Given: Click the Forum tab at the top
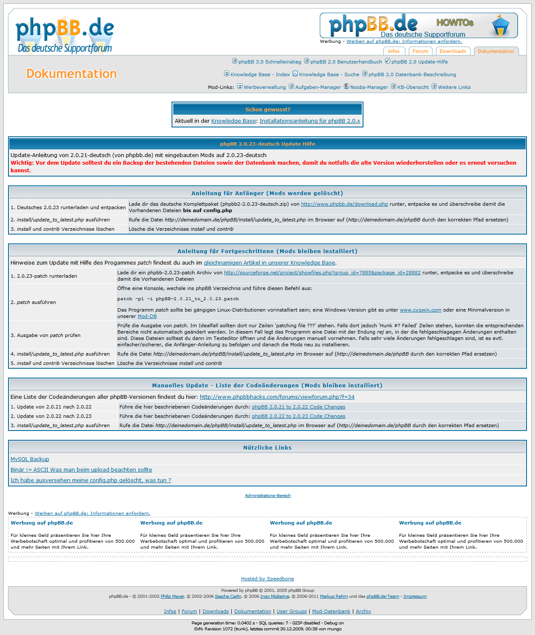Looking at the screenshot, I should click(420, 51).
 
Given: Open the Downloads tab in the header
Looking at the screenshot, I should click(452, 51).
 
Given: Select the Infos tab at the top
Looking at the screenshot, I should click(394, 51).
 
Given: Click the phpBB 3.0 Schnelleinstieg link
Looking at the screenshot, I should click(269, 62).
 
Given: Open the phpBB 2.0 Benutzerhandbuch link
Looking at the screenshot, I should click(346, 62).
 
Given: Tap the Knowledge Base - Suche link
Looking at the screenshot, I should click(329, 75).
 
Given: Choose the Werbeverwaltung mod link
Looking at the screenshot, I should click(264, 87).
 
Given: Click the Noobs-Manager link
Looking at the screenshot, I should click(369, 87).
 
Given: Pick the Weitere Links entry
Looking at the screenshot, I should click(454, 87).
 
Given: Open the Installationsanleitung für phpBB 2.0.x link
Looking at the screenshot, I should click(310, 121).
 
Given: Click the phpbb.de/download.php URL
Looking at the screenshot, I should click(344, 204).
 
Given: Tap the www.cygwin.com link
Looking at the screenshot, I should click(420, 310).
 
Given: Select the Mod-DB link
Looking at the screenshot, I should click(147, 316).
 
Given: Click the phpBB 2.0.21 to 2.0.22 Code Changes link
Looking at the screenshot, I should click(298, 407).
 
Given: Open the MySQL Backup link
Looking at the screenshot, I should click(30, 459).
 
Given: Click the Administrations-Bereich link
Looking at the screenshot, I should click(267, 496).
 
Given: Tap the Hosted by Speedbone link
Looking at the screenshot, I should click(267, 579).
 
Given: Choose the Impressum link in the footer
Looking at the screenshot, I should click(415, 596).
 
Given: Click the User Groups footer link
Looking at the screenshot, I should click(291, 611).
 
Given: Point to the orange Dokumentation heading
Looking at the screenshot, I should click(71, 74).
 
